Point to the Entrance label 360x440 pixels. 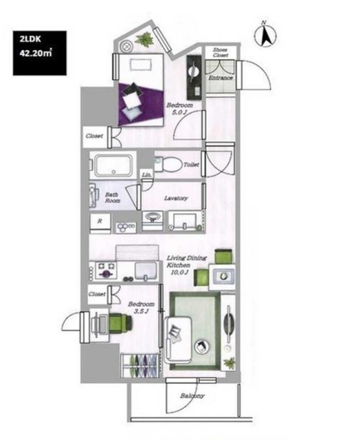click(220, 77)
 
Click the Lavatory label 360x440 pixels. click(175, 198)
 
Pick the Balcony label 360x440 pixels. click(192, 397)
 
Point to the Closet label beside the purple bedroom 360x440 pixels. click(95, 136)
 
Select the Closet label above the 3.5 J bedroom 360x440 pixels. click(97, 295)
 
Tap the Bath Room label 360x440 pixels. click(112, 198)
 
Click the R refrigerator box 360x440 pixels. click(100, 222)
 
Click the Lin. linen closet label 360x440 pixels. click(147, 176)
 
